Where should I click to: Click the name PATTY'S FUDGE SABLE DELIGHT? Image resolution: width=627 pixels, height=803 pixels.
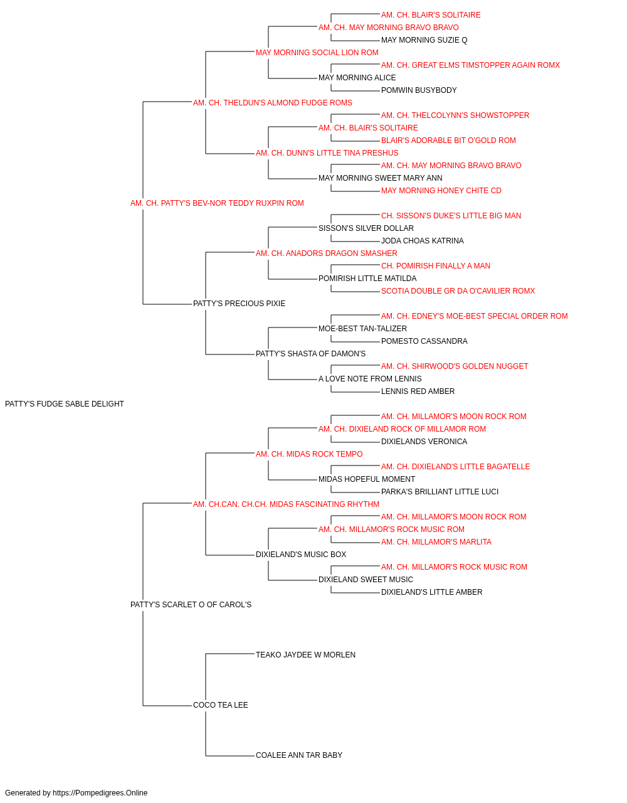[x=64, y=404]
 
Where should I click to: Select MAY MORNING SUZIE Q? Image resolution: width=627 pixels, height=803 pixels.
[x=424, y=40]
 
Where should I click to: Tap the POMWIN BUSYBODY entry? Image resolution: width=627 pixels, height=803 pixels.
[x=419, y=90]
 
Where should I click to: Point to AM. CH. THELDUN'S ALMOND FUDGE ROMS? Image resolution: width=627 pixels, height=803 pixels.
[x=273, y=103]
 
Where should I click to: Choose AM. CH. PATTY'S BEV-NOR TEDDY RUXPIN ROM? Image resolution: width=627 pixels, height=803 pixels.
[x=217, y=203]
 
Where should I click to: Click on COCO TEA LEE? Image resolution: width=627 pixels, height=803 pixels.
[x=221, y=705]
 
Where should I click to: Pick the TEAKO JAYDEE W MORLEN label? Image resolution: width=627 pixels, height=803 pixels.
[x=305, y=655]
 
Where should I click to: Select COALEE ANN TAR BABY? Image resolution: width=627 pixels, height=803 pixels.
[x=298, y=755]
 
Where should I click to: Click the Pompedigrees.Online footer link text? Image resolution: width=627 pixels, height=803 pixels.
[x=100, y=793]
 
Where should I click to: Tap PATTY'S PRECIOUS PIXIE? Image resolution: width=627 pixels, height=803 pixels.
[x=239, y=304]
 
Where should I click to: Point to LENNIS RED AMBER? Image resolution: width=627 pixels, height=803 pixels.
[x=418, y=391]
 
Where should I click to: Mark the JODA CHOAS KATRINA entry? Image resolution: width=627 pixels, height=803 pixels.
[x=422, y=241]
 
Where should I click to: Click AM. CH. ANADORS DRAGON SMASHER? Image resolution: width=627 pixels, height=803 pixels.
[x=327, y=253]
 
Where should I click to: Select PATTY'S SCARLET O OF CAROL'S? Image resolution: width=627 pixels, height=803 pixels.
[x=191, y=605]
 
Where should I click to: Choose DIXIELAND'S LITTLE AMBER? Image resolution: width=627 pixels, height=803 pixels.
[x=431, y=592]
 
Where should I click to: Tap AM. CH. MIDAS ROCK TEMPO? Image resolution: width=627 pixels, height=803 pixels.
[x=309, y=454]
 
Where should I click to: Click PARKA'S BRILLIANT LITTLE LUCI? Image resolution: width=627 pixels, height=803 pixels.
[x=440, y=492]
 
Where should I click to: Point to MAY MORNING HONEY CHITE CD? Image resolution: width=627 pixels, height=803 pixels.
[x=441, y=191]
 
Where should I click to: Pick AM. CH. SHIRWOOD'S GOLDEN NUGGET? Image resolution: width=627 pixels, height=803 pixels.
[x=455, y=366]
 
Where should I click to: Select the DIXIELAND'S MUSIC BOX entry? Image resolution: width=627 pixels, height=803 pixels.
[x=300, y=555]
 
